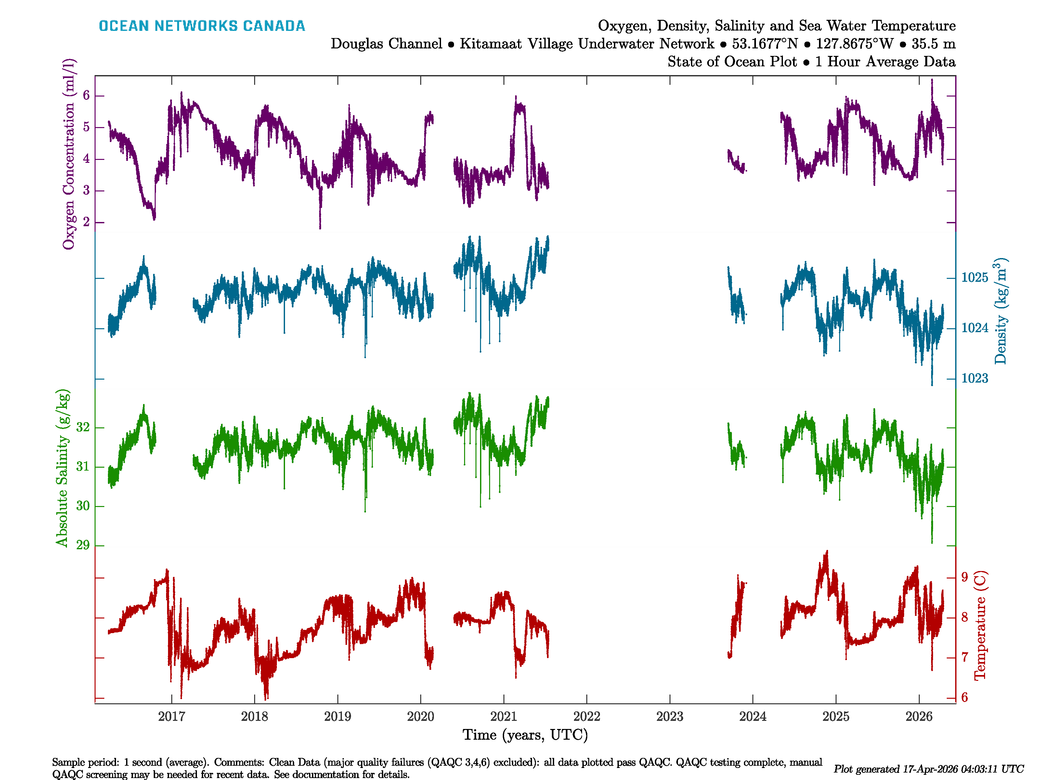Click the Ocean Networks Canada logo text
point(202,26)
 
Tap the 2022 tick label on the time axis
point(586,717)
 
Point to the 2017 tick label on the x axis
point(172,717)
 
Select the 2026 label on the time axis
point(919,717)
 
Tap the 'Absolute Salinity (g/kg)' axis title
point(62,468)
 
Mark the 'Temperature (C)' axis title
point(980,625)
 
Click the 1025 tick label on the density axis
point(975,278)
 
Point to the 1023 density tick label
point(975,379)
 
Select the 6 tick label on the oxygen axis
point(86,96)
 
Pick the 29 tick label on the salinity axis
point(83,545)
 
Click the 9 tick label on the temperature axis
point(964,577)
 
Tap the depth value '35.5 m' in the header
point(933,44)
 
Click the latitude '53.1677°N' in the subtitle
point(764,44)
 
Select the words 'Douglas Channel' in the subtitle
point(386,44)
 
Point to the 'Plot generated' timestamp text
point(928,769)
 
